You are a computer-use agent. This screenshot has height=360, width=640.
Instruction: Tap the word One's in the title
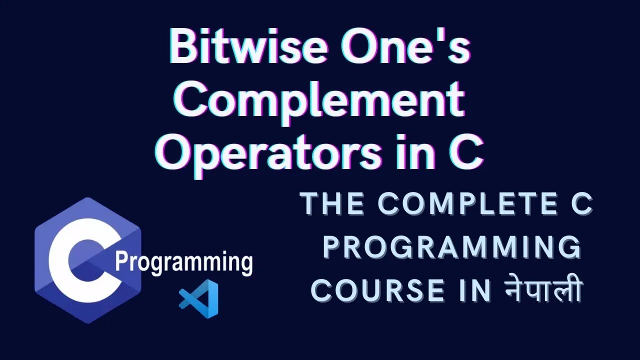[x=405, y=48]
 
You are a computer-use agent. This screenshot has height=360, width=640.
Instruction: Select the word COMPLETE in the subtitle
[x=454, y=206]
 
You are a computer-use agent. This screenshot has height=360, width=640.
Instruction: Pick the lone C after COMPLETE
[x=580, y=206]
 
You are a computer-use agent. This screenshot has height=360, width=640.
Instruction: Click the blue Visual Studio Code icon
[x=199, y=298]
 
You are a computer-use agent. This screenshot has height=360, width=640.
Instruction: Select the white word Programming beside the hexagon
[x=183, y=262]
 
